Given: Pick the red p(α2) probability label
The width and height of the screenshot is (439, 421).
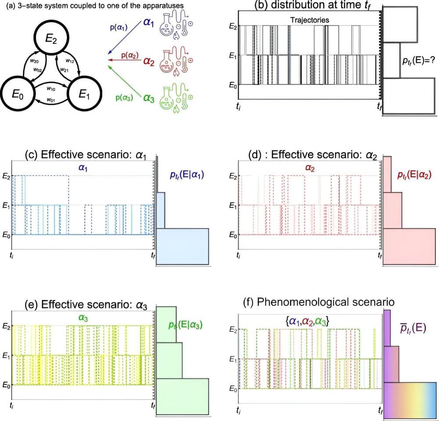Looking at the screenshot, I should pos(130,56).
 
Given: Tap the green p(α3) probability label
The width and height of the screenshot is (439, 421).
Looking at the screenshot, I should pos(124,98).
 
